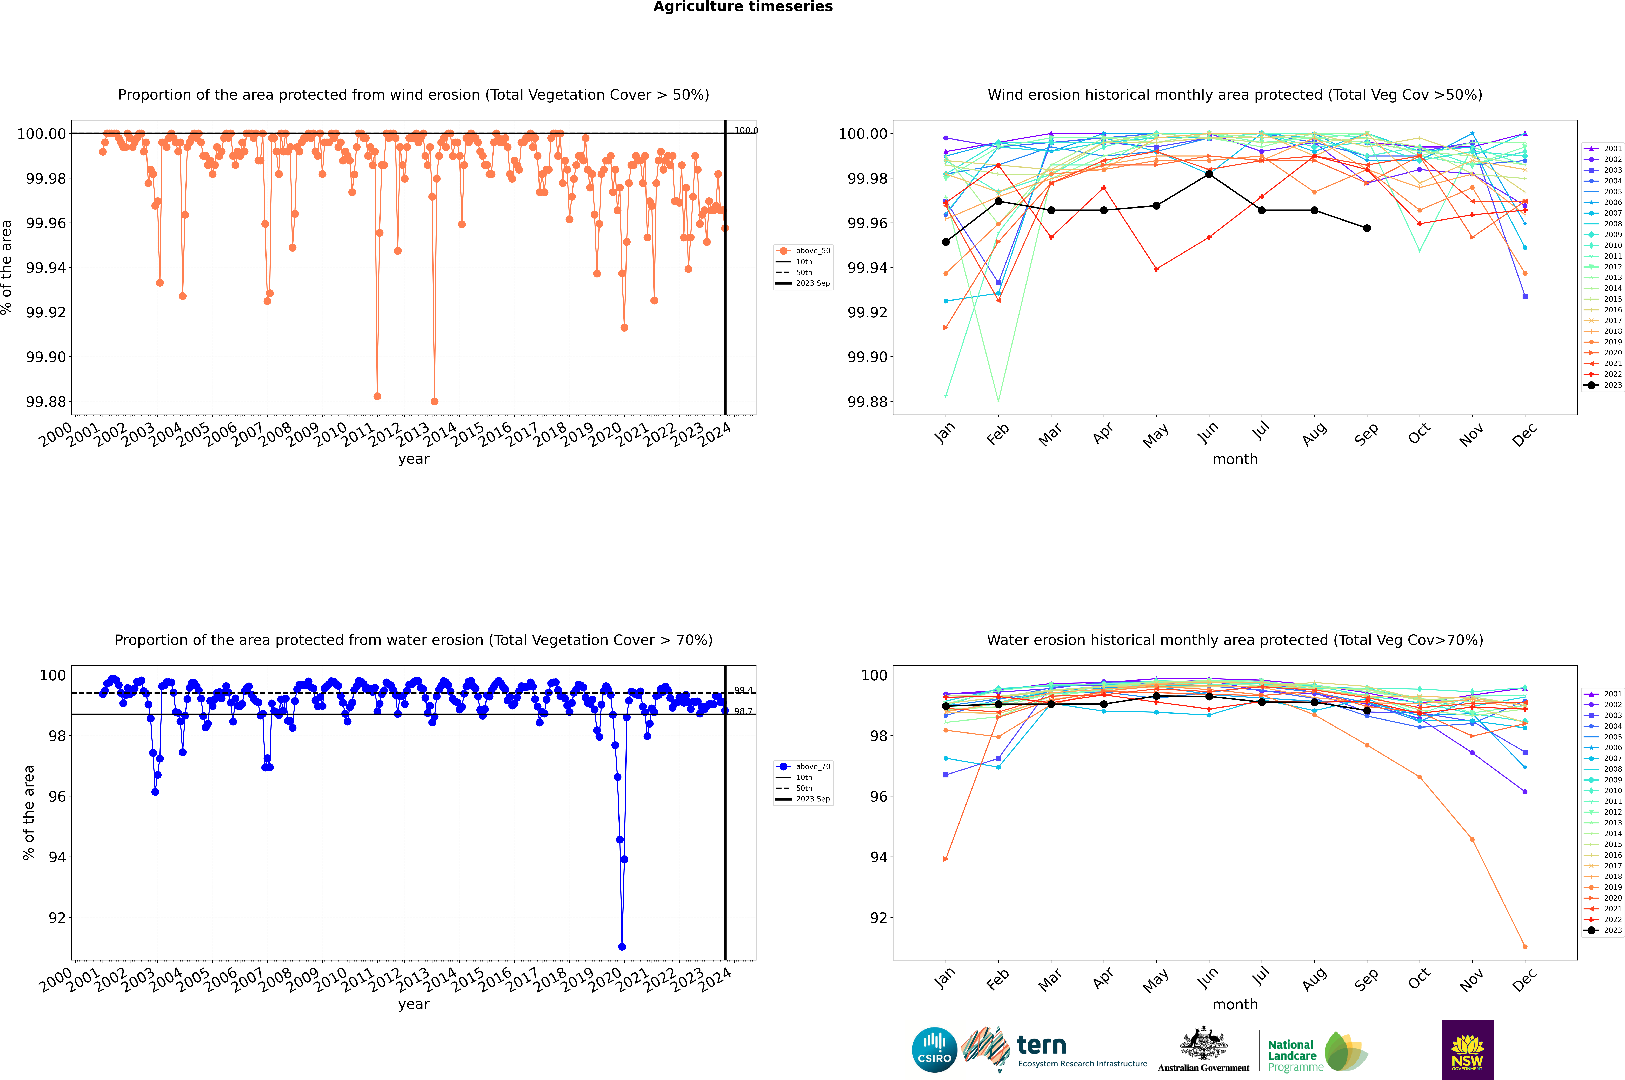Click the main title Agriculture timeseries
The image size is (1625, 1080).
point(743,7)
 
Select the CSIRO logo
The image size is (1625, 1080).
point(934,1050)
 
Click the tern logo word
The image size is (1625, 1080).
point(1042,1046)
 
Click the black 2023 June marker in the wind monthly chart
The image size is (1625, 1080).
point(1209,174)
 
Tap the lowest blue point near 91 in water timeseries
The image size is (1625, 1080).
point(622,946)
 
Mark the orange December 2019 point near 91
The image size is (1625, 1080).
point(1524,946)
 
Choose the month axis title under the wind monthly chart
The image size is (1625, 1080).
point(1234,459)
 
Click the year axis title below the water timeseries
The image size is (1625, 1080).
point(413,1004)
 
